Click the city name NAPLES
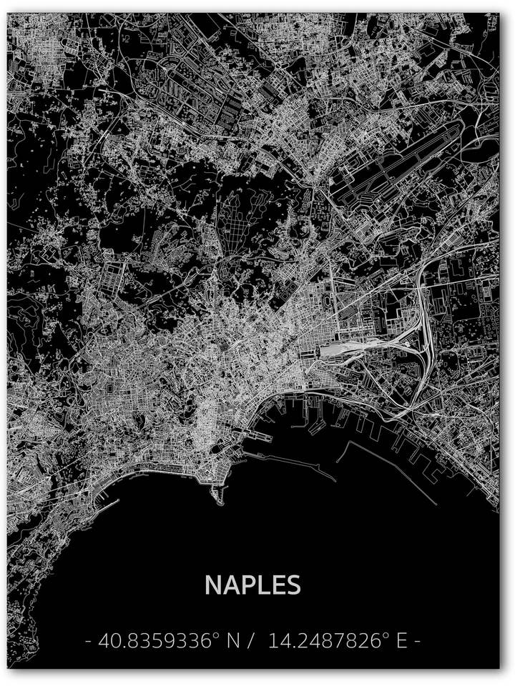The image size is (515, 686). pyautogui.click(x=252, y=585)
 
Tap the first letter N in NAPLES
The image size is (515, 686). pyautogui.click(x=213, y=585)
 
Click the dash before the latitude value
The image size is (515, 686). pyautogui.click(x=88, y=642)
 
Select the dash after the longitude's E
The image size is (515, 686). pyautogui.click(x=418, y=642)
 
